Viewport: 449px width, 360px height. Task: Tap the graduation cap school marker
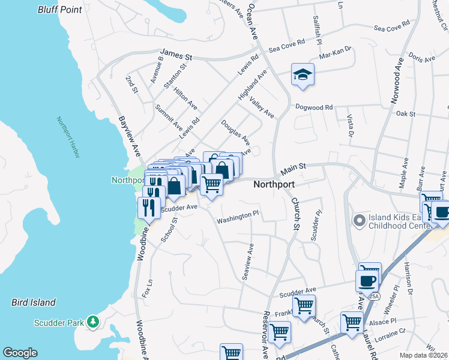[x=303, y=75]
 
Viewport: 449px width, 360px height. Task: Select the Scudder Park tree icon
[x=92, y=322]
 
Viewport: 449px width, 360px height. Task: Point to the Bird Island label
[x=34, y=302]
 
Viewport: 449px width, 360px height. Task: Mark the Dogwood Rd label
[x=313, y=107]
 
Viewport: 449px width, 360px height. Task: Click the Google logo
[x=20, y=353]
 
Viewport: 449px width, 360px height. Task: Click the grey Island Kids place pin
[x=360, y=221]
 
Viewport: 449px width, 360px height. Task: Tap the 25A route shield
[x=373, y=296]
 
